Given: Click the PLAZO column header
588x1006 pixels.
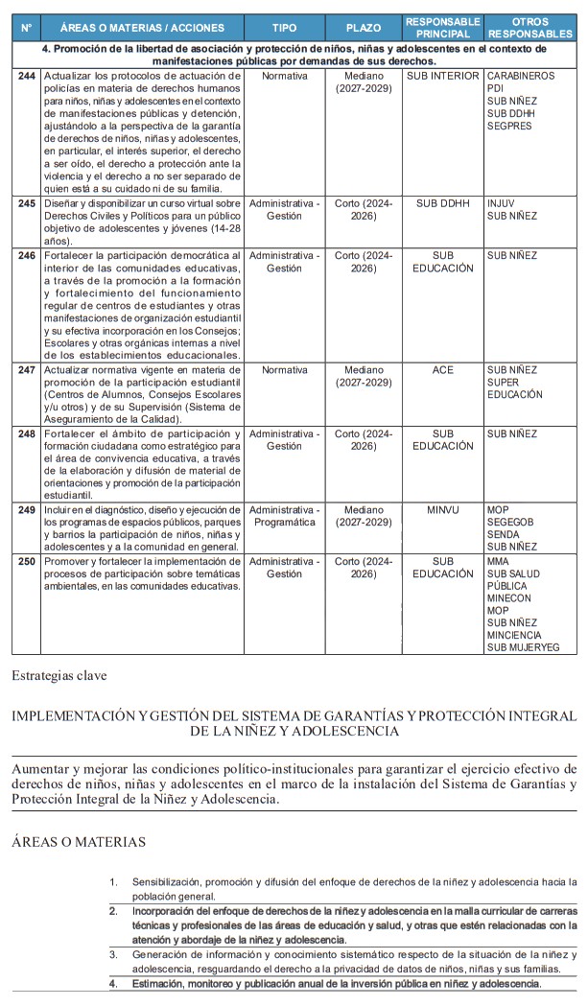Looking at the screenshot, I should (364, 28).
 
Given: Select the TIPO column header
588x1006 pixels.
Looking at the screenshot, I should (284, 28).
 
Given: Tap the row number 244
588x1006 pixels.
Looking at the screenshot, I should (27, 75).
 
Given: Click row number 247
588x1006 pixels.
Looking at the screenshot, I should (27, 369).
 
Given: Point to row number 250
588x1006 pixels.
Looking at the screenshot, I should (27, 561).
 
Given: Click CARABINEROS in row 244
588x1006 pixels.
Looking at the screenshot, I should (520, 75).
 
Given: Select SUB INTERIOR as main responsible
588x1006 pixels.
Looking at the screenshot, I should (442, 75).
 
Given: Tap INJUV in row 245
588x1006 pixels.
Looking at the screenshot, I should (501, 203).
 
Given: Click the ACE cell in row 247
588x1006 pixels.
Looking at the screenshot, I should (442, 369).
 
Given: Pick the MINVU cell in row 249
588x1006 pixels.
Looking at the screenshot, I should (442, 510).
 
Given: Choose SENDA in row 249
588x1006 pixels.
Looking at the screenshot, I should (505, 535).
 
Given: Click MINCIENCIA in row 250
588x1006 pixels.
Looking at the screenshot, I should (514, 635).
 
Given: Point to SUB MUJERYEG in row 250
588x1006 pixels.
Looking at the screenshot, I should (523, 647).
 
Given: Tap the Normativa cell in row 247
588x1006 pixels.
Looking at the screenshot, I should (284, 369).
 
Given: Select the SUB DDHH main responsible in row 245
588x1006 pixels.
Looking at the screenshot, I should (442, 203).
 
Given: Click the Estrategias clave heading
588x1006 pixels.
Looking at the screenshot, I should (59, 675).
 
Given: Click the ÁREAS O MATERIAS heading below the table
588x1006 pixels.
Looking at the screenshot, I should (79, 842).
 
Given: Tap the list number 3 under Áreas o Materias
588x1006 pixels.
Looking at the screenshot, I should (112, 955).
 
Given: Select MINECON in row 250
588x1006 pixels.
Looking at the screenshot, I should (508, 597).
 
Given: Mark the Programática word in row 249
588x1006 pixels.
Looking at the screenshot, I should (284, 523).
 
